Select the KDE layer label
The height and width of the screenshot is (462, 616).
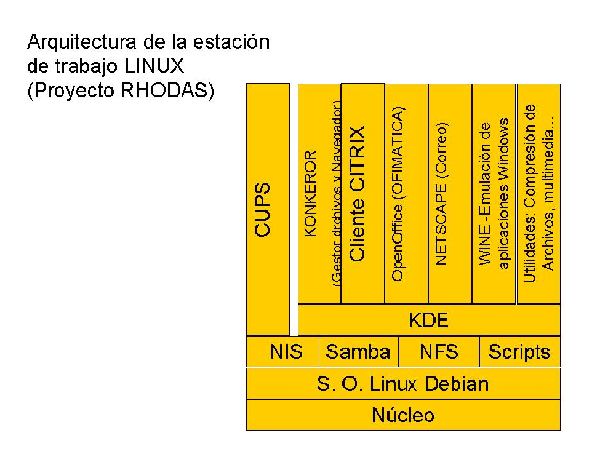click(428, 321)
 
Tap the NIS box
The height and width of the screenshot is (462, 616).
click(286, 352)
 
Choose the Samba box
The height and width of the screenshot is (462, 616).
click(358, 352)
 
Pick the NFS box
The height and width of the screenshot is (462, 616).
click(439, 352)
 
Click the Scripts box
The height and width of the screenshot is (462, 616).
click(519, 352)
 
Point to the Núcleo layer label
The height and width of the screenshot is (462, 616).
click(403, 415)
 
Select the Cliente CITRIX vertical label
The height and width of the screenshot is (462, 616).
click(358, 193)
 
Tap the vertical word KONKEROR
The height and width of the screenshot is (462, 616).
click(311, 193)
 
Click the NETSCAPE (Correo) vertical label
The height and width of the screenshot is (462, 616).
click(441, 194)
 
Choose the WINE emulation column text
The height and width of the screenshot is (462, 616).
click(494, 193)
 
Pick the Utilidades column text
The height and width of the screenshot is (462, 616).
click(538, 193)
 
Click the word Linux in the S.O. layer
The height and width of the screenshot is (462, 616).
click(392, 384)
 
